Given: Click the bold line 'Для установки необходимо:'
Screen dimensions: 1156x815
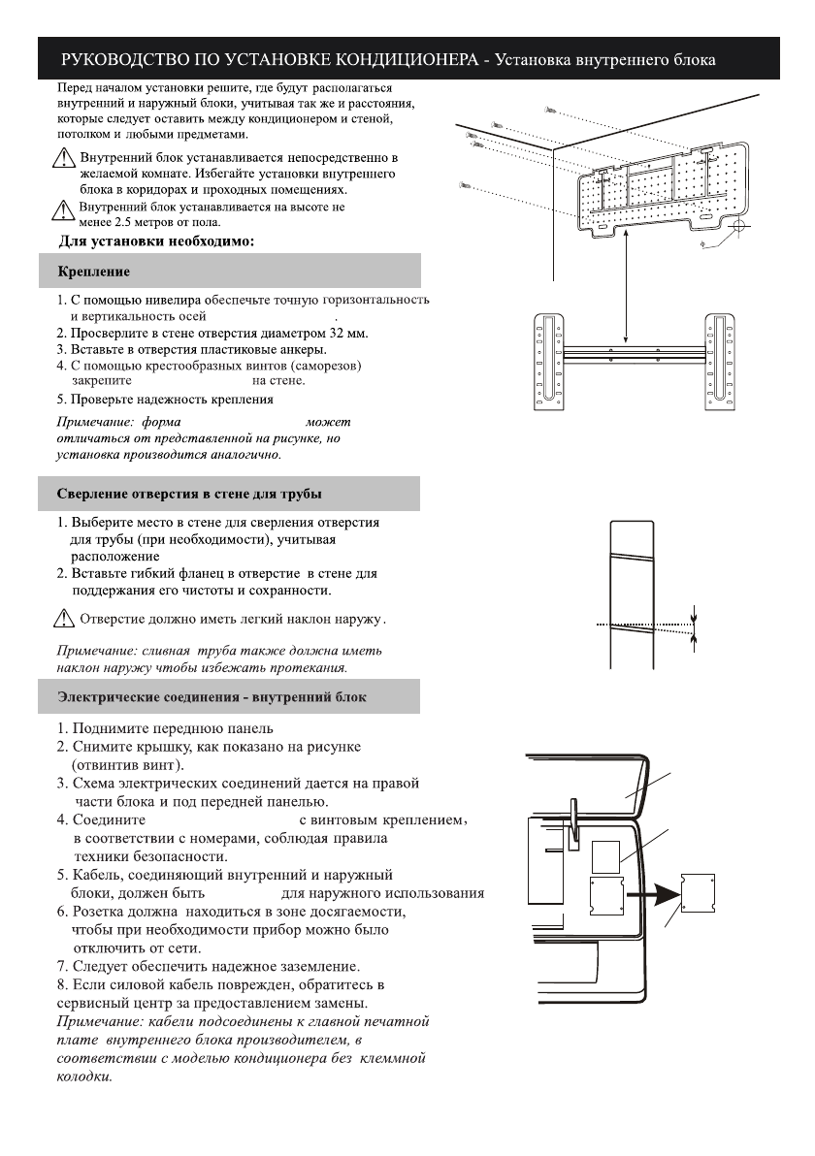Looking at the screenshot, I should click(158, 241).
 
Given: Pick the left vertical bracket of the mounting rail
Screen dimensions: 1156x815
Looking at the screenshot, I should click(551, 362).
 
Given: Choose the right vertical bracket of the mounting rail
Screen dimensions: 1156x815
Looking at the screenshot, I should click(719, 362).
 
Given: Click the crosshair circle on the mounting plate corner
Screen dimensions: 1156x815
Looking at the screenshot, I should click(736, 227).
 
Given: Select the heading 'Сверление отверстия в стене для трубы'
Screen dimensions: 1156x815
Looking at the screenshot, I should click(190, 496).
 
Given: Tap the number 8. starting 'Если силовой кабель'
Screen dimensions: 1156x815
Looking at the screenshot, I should click(63, 983).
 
